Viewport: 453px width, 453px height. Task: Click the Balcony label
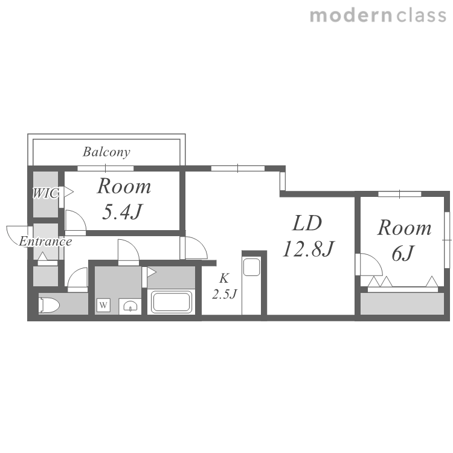[106, 152]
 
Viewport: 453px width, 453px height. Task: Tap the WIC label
[46, 193]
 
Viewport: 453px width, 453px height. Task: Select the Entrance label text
[45, 242]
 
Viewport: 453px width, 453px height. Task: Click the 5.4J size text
[123, 212]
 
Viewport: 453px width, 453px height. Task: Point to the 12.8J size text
[308, 249]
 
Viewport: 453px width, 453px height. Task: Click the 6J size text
[403, 253]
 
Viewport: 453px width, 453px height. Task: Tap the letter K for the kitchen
[224, 278]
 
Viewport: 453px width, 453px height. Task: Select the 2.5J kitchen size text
[225, 294]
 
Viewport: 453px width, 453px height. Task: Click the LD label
[307, 223]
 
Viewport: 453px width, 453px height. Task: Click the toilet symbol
[49, 306]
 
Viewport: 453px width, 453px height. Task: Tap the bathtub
[172, 302]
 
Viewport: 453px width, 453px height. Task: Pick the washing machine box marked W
[103, 305]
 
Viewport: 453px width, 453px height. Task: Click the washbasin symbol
[130, 306]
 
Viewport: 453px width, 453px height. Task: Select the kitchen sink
[251, 267]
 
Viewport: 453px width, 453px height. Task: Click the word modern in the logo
[351, 15]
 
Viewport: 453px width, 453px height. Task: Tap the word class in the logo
[422, 15]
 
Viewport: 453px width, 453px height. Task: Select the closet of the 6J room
[402, 304]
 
